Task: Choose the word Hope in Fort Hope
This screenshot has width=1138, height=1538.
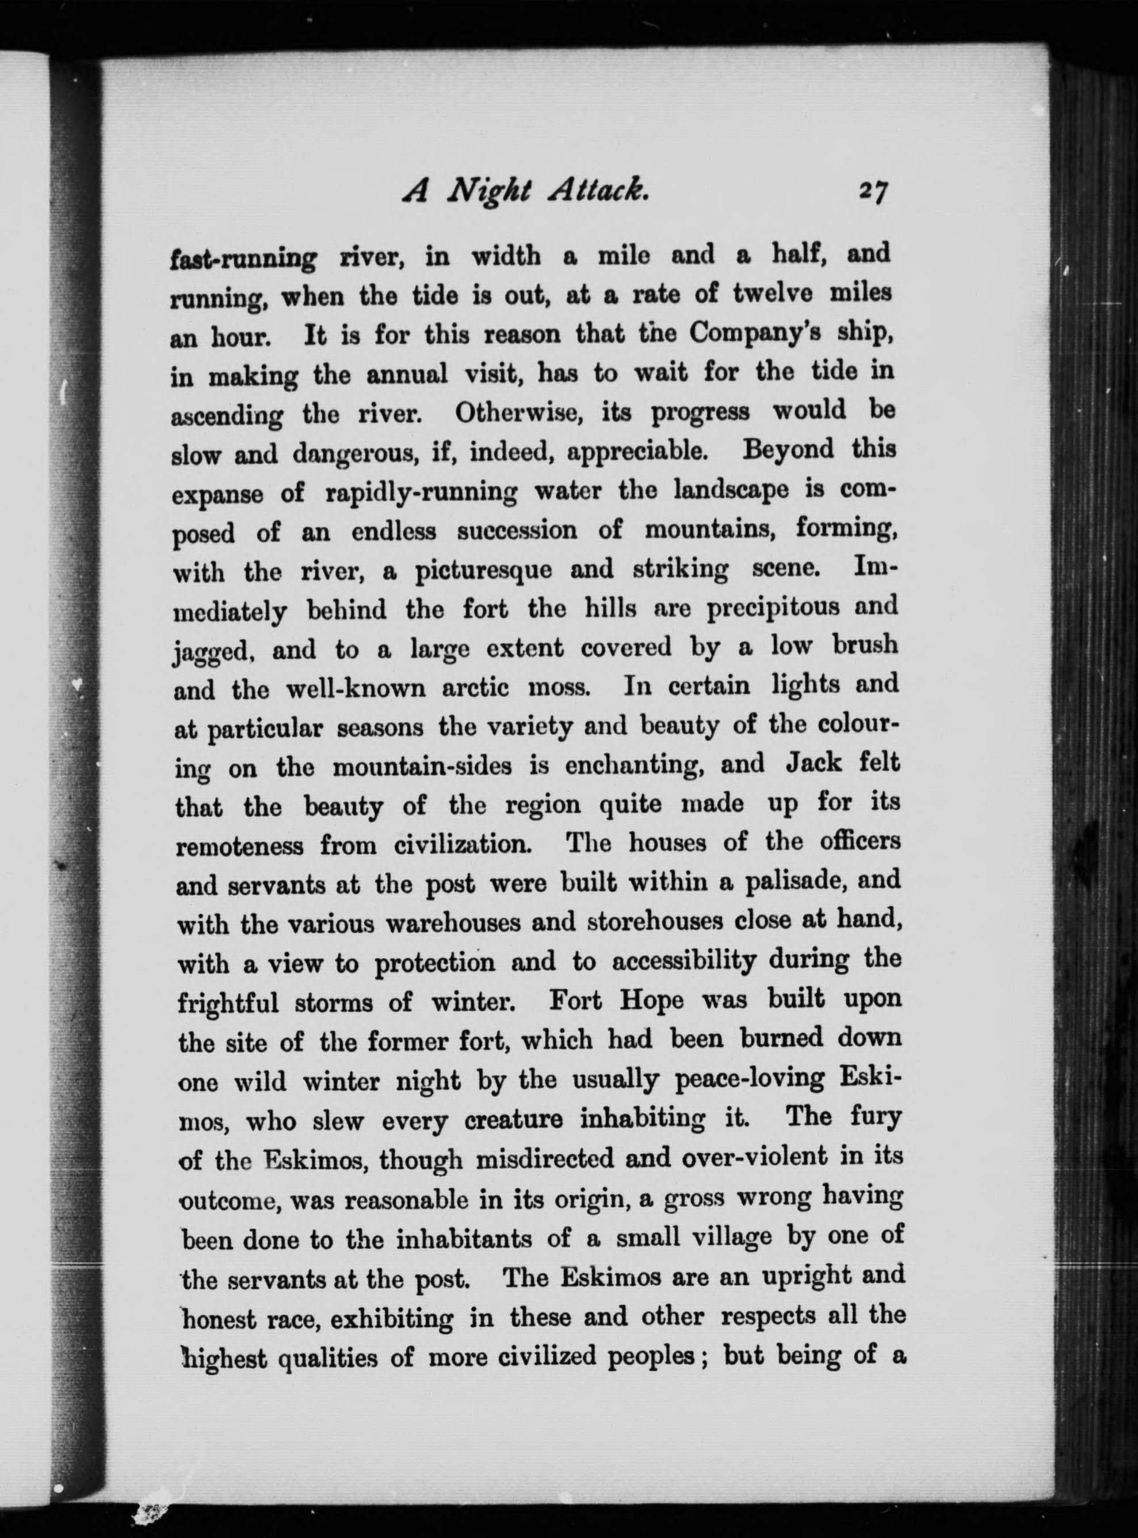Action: tap(651, 1000)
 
